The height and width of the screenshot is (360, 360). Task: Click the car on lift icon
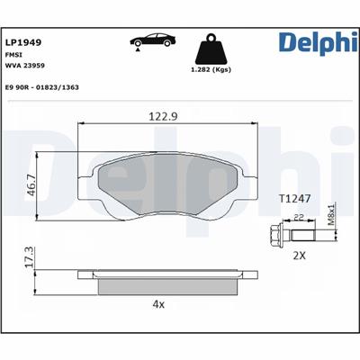tap(150, 43)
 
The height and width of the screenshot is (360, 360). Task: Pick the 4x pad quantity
tap(159, 305)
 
